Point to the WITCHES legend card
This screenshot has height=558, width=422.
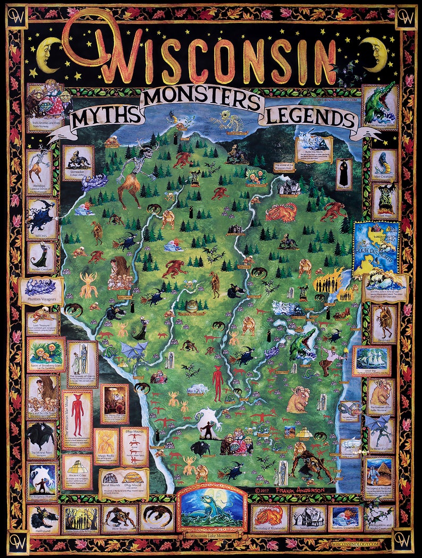[x=41, y=218]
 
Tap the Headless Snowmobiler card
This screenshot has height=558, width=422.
[x=345, y=519]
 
